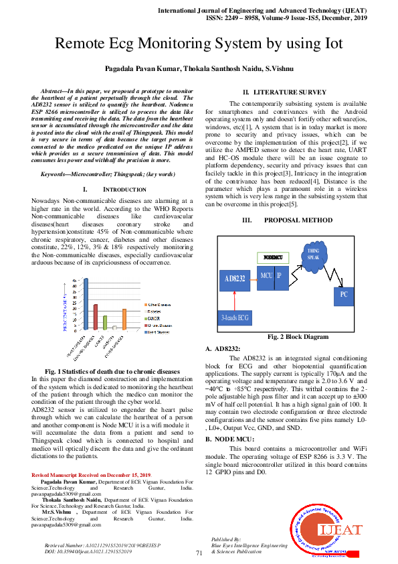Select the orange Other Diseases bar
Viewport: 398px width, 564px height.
pyautogui.click(x=124, y=320)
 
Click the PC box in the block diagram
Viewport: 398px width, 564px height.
pyautogui.click(x=343, y=293)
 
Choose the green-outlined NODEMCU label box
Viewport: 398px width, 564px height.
pyautogui.click(x=272, y=257)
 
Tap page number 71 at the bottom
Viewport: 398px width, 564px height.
pyautogui.click(x=199, y=553)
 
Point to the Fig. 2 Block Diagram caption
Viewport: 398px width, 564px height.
pyautogui.click(x=298, y=336)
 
